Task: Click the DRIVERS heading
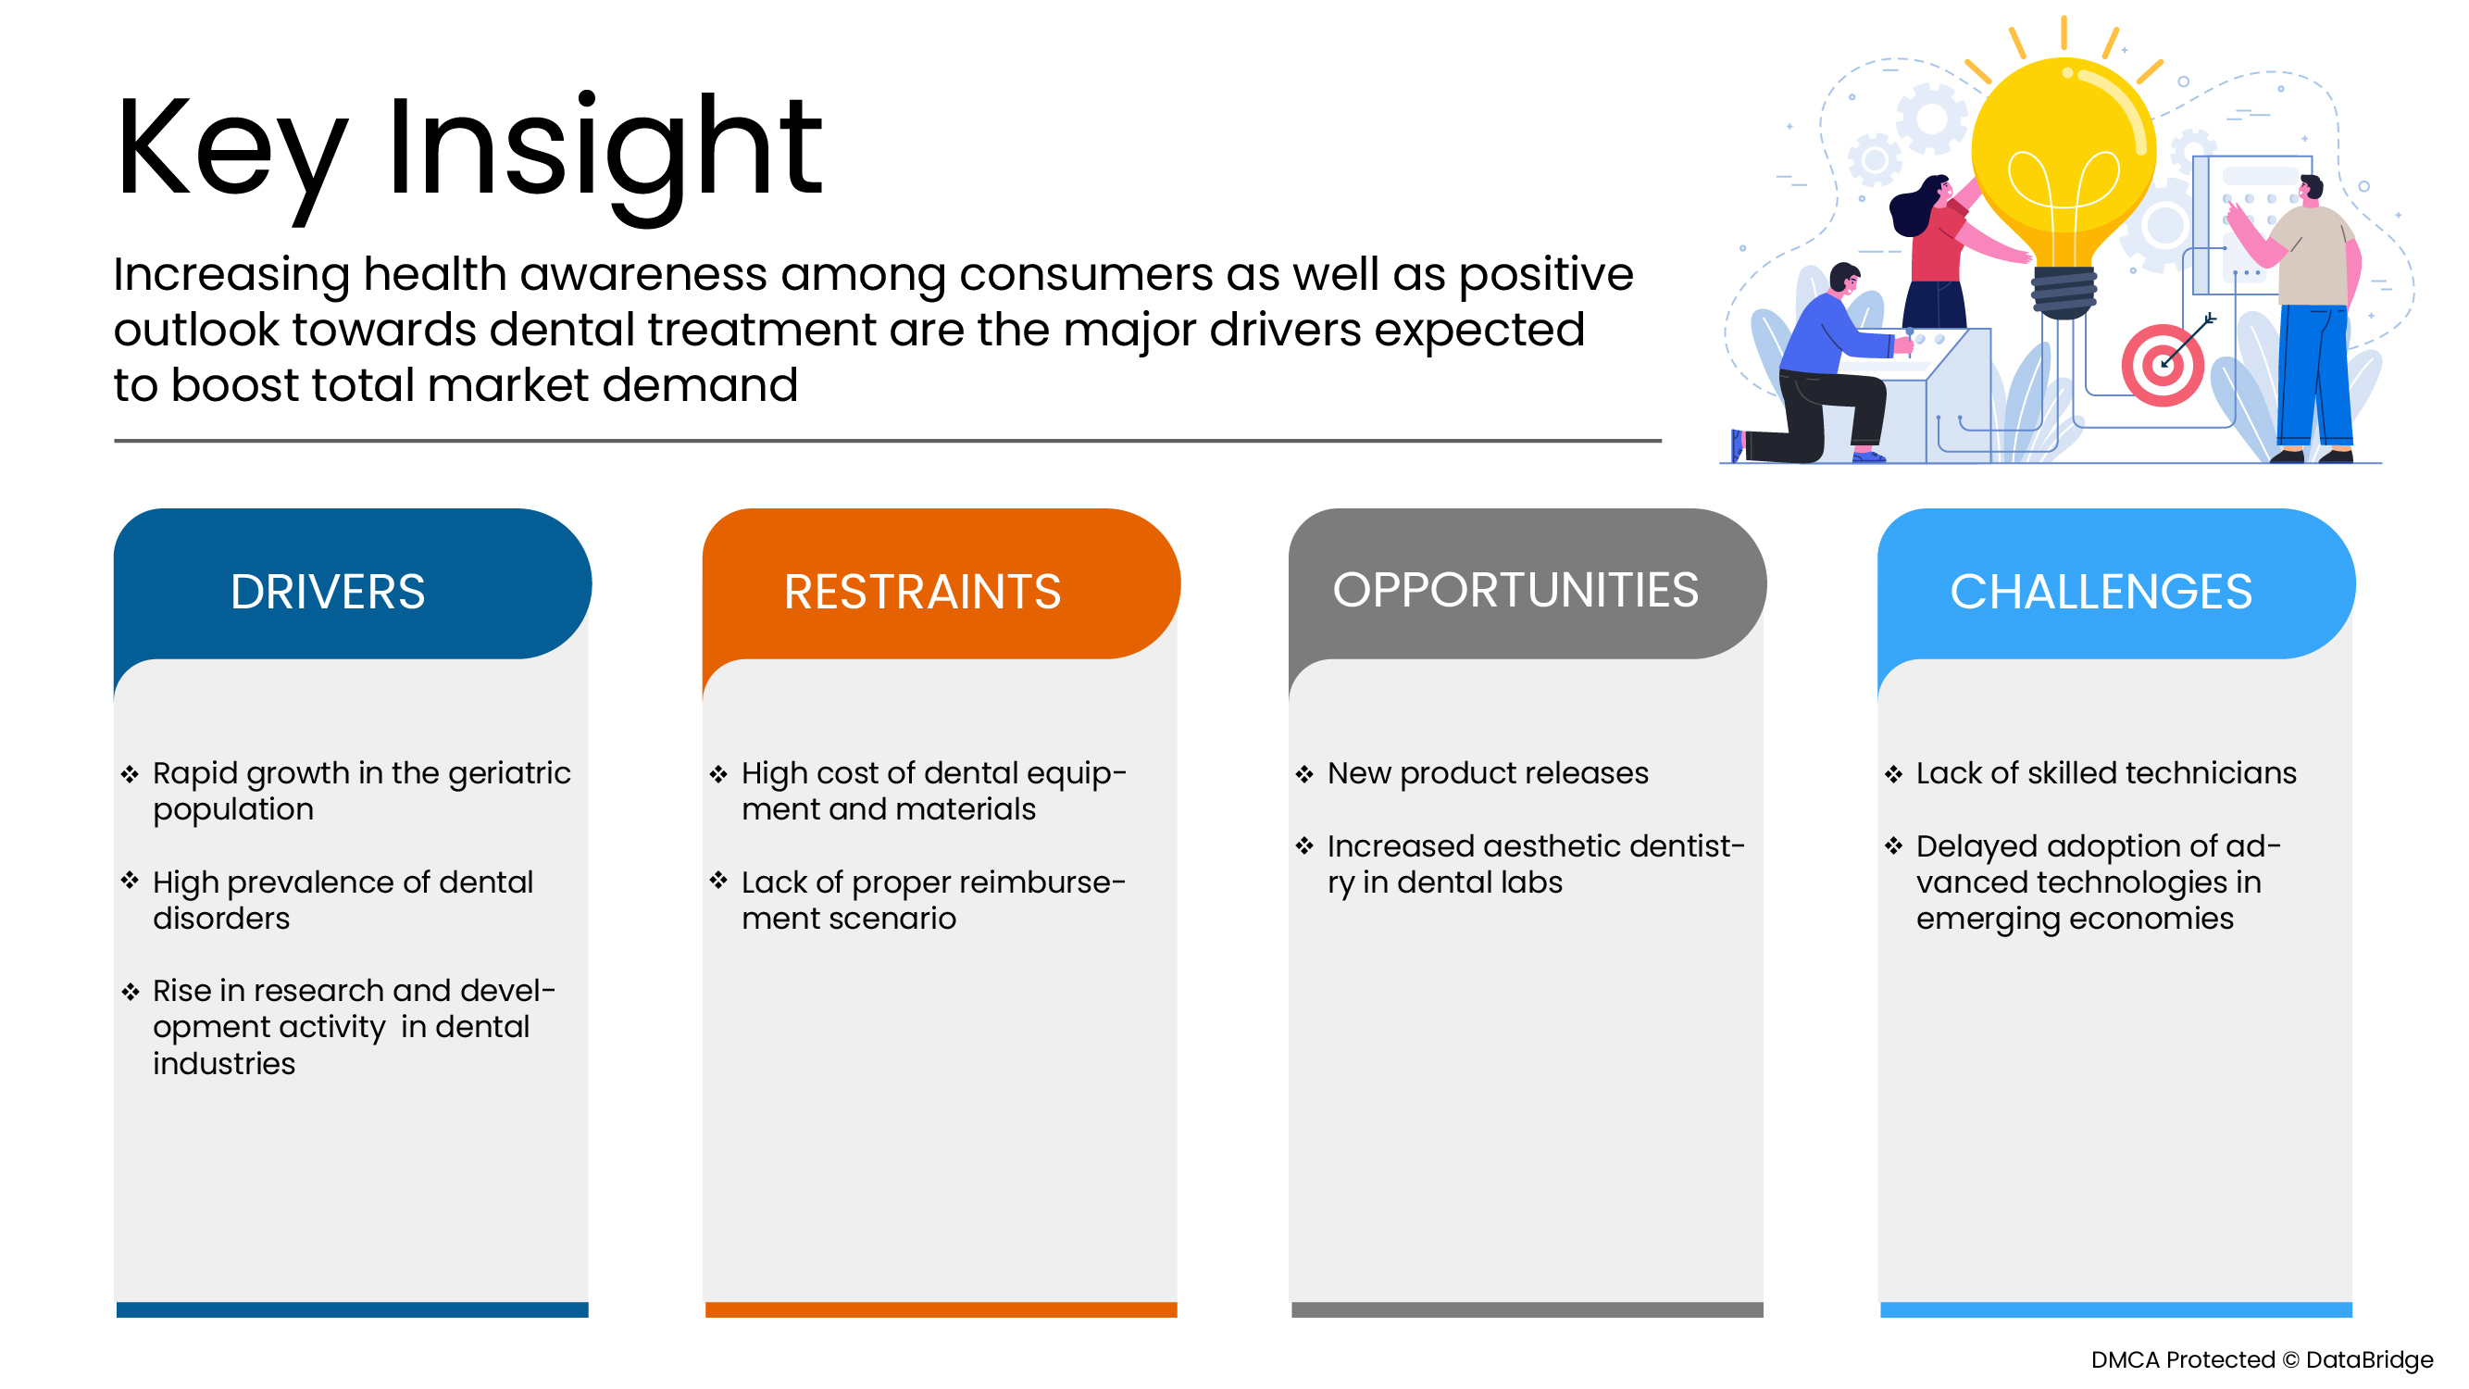(x=328, y=592)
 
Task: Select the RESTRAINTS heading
(x=922, y=592)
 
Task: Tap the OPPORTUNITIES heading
(x=1515, y=590)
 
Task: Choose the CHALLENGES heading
(x=2101, y=592)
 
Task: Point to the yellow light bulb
(x=2064, y=182)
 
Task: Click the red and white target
(x=2163, y=365)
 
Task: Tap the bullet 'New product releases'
(x=1488, y=772)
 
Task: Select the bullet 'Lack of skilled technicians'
(x=2107, y=772)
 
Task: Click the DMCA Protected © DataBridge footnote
(x=2262, y=1359)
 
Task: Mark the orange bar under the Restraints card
(x=941, y=1309)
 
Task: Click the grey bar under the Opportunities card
(x=1527, y=1309)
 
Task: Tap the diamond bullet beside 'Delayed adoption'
(x=1893, y=845)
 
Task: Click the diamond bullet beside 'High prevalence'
(x=131, y=880)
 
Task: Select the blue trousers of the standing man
(x=2312, y=379)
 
